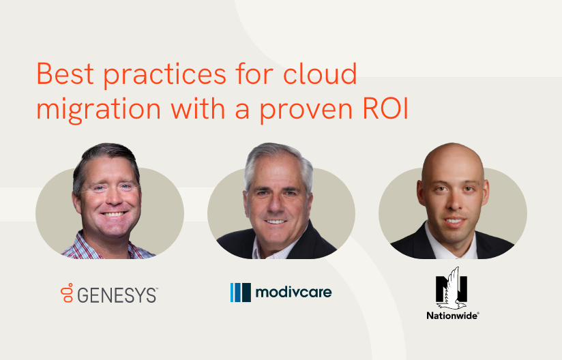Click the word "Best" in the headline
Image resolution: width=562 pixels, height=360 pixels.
[65, 74]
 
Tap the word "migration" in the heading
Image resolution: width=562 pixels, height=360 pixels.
[99, 108]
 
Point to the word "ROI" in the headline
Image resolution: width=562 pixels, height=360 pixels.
[385, 108]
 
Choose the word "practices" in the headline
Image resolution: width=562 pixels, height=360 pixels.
[165, 75]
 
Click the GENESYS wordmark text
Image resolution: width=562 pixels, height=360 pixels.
[117, 295]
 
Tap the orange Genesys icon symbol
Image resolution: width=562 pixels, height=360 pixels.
[67, 292]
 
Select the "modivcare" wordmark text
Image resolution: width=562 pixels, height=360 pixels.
[293, 292]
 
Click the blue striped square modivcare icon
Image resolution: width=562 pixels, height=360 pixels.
[241, 292]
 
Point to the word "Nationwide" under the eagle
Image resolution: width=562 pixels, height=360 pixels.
[452, 316]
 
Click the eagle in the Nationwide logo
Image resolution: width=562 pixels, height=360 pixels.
[452, 289]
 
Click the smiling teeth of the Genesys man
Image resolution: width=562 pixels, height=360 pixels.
[113, 214]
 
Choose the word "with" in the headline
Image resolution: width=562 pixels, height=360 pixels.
[198, 108]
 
